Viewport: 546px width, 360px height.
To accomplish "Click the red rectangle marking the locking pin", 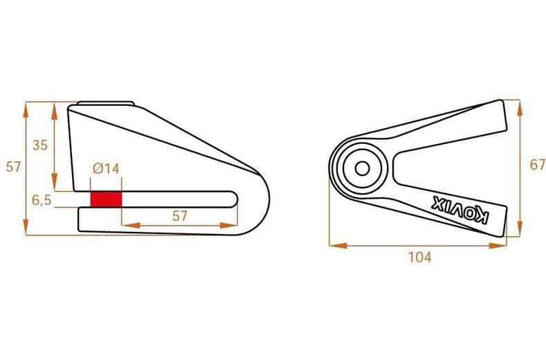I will click(106, 199).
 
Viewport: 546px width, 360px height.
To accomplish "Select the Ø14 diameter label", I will click(106, 168).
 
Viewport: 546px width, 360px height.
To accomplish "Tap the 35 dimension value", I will click(41, 145).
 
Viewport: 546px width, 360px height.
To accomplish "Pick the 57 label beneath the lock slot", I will click(180, 215).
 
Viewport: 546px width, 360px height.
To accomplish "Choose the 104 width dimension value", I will click(419, 258).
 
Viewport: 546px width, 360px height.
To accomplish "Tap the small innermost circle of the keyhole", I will click(361, 168).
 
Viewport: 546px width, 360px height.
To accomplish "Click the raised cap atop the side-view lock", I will click(106, 104).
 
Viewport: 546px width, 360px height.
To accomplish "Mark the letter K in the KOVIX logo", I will click(482, 219).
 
